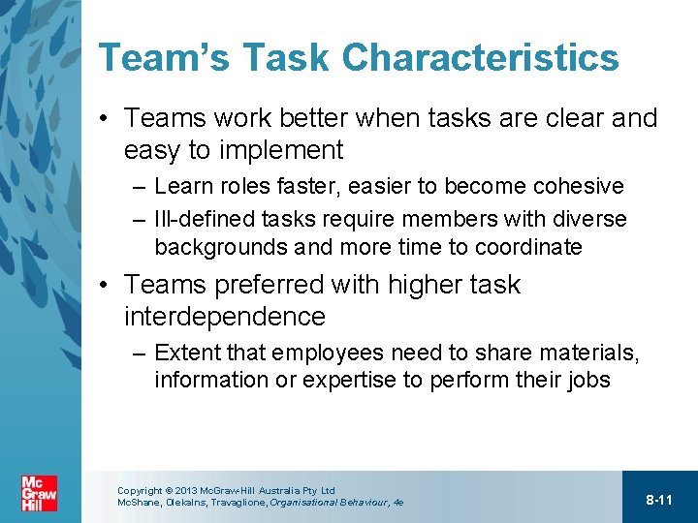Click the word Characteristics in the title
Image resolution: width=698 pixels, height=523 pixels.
[x=481, y=58]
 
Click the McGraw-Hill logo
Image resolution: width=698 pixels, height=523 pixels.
[x=39, y=493]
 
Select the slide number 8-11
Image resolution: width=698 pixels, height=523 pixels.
[x=659, y=500]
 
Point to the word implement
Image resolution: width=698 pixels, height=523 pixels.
[x=283, y=150]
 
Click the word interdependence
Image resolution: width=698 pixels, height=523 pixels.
[x=225, y=317]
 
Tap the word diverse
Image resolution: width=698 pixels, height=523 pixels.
[x=588, y=220]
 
